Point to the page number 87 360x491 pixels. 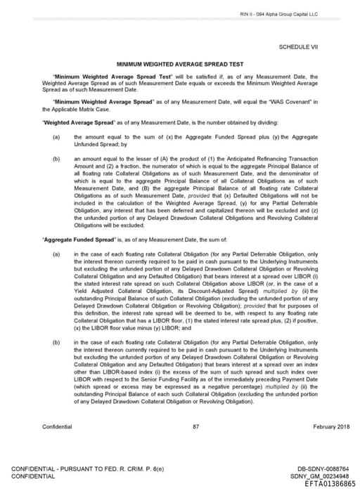[x=195, y=426]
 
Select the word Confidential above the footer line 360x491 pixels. [x=57, y=426]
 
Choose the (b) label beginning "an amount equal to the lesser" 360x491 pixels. [x=56, y=160]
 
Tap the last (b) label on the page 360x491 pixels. [x=56, y=342]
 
